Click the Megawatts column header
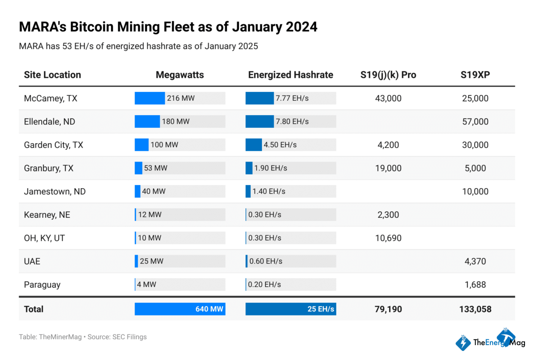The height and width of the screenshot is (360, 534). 180,75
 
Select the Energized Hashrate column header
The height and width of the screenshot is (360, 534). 290,75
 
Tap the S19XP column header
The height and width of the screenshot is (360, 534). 475,75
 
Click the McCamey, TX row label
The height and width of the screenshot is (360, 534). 50,98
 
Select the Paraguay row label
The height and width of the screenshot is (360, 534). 42,285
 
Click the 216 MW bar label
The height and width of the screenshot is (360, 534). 181,98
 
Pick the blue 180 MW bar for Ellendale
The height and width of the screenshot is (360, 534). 147,121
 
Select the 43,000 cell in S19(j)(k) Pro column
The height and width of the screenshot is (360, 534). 388,98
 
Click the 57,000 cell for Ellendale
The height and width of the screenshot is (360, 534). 475,121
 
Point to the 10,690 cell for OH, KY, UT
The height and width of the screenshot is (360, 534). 388,238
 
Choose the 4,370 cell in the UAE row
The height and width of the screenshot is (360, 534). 475,261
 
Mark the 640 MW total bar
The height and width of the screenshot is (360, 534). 180,309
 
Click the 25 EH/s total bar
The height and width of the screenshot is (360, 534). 290,309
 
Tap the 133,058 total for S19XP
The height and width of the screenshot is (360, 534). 475,309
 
